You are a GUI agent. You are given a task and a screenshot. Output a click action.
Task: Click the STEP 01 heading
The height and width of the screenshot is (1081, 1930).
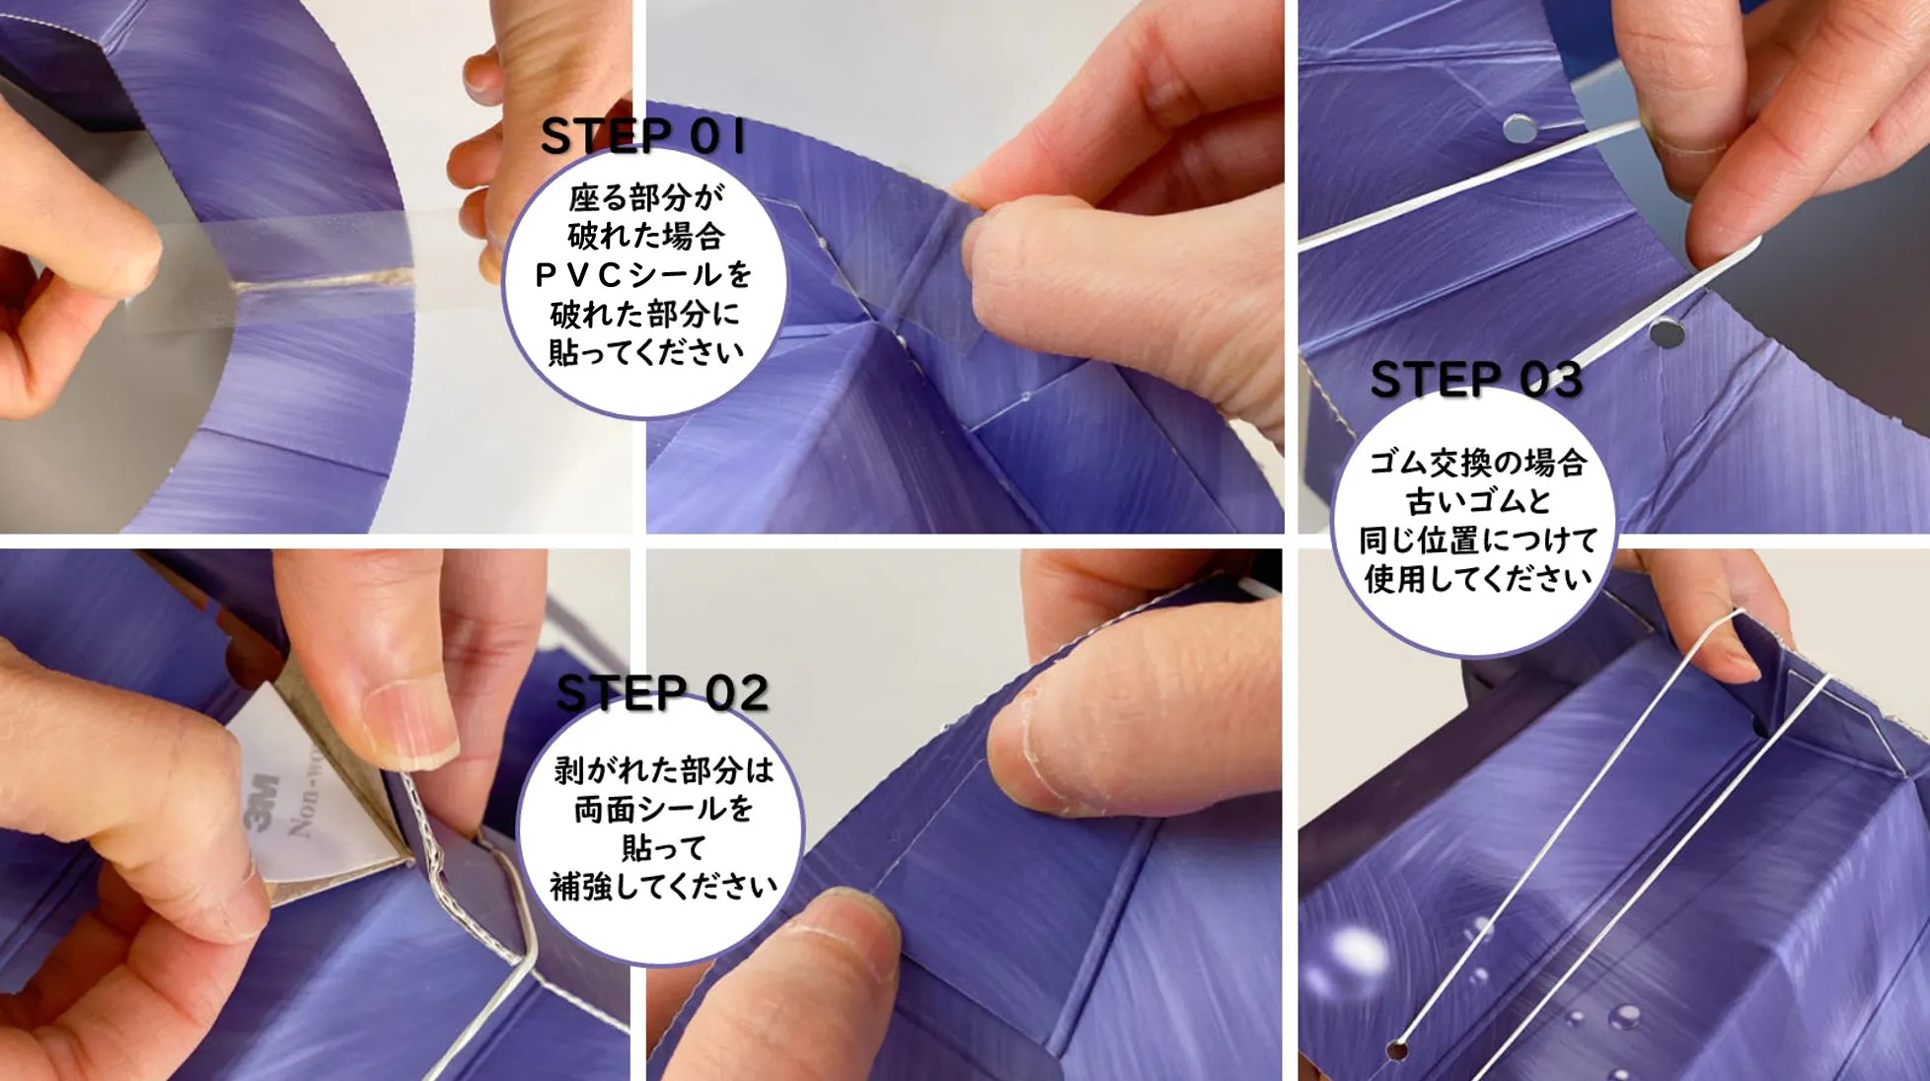(x=642, y=136)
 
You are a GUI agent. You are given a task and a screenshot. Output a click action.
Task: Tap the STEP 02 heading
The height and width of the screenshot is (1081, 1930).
(x=662, y=693)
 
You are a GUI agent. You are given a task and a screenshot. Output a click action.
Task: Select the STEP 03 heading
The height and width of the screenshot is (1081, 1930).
(x=1476, y=380)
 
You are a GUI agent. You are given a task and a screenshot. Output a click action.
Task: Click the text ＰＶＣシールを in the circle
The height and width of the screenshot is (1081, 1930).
(x=644, y=275)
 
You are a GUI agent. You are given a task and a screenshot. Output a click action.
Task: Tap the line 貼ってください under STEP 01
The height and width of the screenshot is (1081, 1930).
(x=646, y=352)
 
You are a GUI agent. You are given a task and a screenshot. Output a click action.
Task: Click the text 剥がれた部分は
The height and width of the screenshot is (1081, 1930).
(x=663, y=770)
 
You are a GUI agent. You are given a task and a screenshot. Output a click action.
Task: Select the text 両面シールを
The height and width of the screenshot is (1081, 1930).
(x=664, y=810)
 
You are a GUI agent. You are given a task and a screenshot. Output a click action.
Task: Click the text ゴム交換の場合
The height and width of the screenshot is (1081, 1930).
(x=1477, y=463)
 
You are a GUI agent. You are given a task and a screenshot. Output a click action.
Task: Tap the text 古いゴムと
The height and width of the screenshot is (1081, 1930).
(x=1478, y=501)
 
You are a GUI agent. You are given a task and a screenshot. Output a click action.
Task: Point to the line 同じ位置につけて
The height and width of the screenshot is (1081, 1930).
(x=1478, y=540)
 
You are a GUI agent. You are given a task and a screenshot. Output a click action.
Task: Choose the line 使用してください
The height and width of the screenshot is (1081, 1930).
(x=1478, y=579)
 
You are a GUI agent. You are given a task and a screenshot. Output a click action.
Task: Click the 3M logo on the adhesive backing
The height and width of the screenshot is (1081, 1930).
(x=260, y=802)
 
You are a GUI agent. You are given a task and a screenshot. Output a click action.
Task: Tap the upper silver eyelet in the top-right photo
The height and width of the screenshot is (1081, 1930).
(x=1520, y=127)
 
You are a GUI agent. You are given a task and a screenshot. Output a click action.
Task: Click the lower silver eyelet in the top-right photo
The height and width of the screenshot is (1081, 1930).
(x=1667, y=333)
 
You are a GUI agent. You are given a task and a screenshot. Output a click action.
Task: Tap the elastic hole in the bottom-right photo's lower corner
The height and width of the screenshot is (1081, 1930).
(x=1396, y=1049)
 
